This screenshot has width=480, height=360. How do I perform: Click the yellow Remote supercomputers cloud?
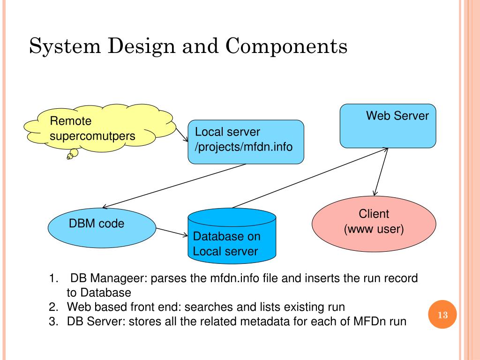100,128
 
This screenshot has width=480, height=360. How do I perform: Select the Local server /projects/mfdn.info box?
246,142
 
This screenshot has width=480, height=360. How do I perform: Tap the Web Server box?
388,126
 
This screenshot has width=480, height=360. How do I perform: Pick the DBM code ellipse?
102,228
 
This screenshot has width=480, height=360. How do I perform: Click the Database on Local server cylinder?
232,236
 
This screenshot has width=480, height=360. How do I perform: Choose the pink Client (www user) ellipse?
374,224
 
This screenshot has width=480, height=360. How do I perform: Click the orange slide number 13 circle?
442,315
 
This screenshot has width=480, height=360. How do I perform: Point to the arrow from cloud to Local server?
182,135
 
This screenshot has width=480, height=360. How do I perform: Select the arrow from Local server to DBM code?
174,186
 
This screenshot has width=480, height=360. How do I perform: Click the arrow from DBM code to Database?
172,232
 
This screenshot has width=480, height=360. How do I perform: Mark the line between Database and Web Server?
310,178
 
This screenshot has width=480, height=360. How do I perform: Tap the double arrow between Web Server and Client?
381,172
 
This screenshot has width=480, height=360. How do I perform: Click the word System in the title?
65,46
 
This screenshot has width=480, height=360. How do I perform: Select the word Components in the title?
286,46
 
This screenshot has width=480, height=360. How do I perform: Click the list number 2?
53,307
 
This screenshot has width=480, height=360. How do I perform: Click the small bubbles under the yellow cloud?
73,154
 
